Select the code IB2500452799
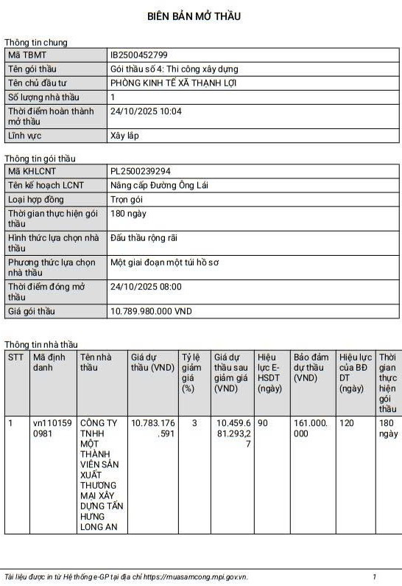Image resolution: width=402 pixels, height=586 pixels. [x=138, y=55]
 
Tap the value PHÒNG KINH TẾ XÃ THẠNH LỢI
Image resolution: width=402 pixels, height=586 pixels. [x=173, y=83]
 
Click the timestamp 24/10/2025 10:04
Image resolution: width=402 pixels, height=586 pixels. [x=145, y=111]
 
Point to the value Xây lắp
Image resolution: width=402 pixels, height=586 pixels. [x=124, y=136]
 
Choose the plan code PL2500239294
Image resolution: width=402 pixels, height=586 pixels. [x=140, y=172]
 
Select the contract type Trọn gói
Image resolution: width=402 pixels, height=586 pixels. [x=126, y=199]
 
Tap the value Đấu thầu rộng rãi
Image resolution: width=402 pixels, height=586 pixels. [x=144, y=237]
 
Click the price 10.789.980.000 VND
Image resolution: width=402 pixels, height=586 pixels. [x=151, y=311]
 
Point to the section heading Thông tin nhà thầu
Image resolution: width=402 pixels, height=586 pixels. [x=40, y=344]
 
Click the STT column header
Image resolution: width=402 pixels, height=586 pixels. [x=15, y=357]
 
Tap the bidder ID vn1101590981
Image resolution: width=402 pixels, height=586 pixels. [x=52, y=429]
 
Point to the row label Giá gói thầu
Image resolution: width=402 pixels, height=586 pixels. [x=32, y=311]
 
